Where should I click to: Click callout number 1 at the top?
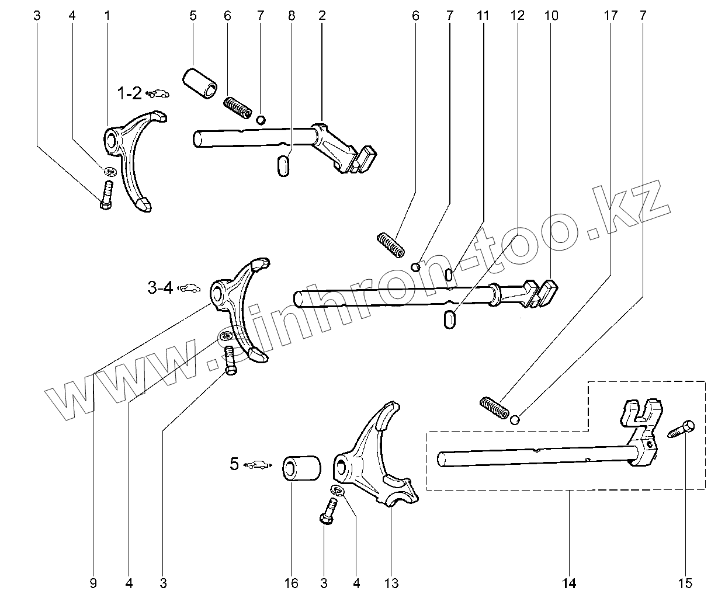click(x=107, y=16)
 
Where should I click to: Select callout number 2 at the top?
click(x=322, y=16)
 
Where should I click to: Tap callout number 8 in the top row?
click(x=291, y=16)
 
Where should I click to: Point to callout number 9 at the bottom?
click(x=93, y=582)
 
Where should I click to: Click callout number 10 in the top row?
click(x=551, y=16)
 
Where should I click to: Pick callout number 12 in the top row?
click(x=518, y=16)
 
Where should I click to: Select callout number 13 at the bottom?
click(x=391, y=582)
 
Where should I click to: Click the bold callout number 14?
click(x=569, y=582)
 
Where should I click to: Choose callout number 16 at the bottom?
click(x=291, y=582)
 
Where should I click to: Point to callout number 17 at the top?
click(x=610, y=16)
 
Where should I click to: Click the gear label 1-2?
click(x=129, y=93)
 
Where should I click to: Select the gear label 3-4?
click(x=160, y=287)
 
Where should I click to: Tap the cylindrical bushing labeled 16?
click(x=303, y=468)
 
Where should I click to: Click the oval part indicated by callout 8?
click(x=283, y=164)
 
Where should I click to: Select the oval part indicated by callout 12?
click(x=449, y=319)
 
